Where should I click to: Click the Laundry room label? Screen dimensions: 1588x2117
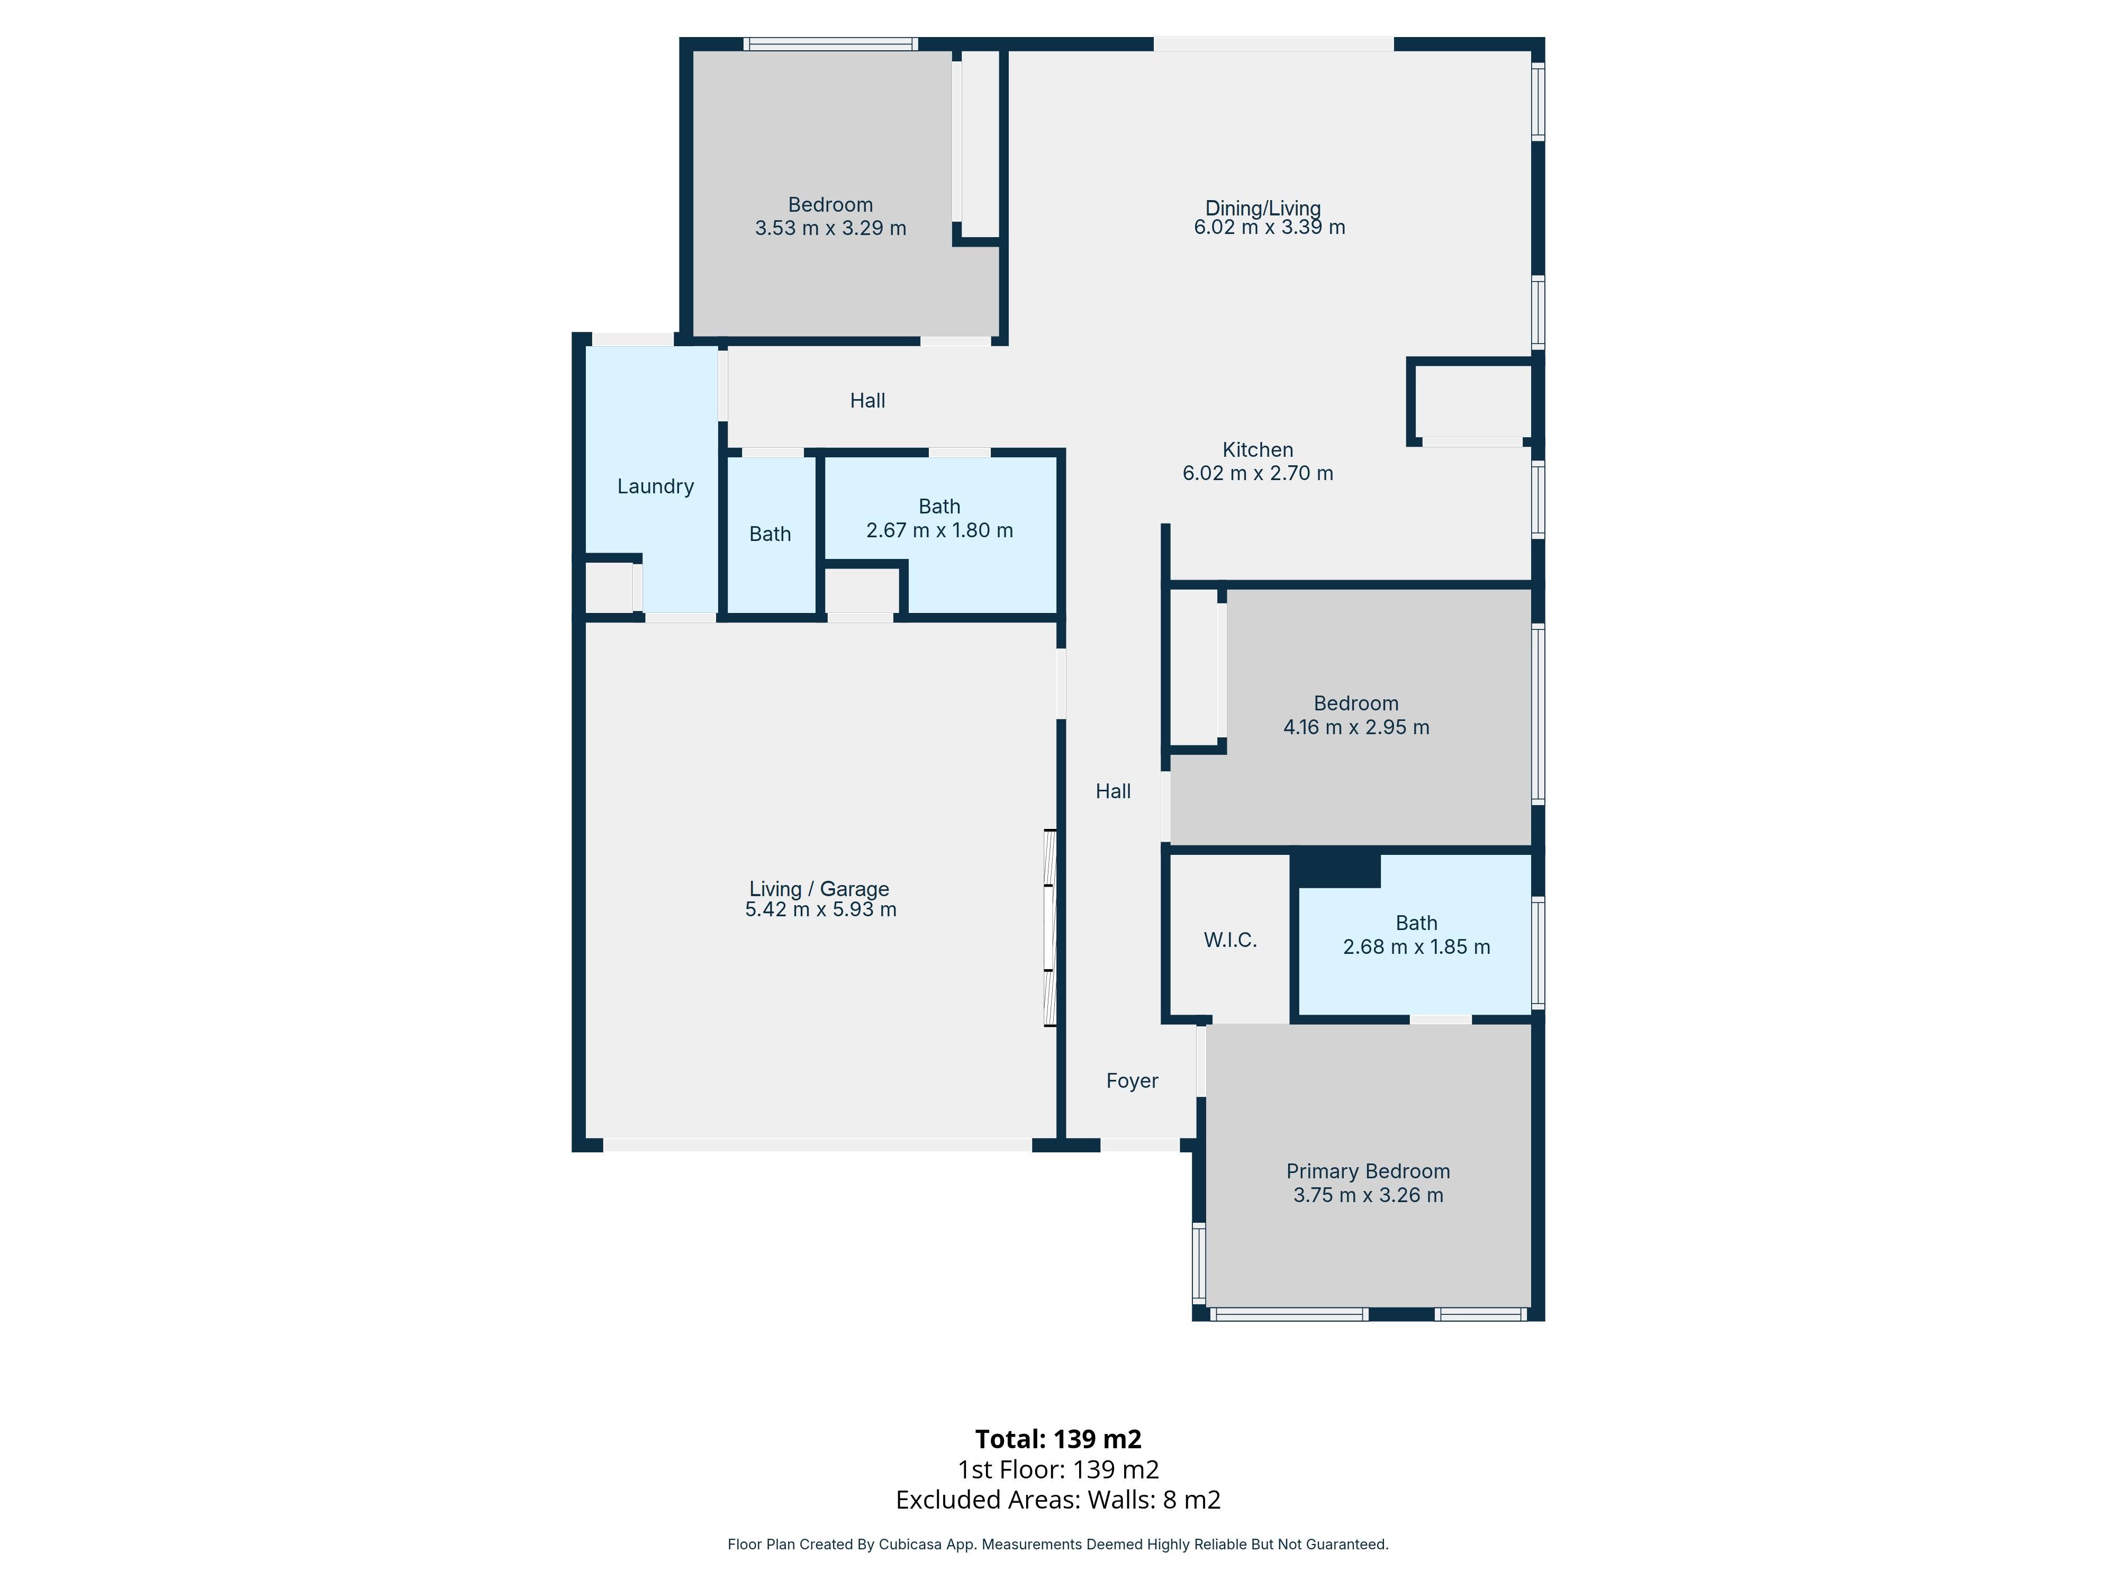[x=656, y=486]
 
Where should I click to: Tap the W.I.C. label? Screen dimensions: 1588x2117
[x=1230, y=940]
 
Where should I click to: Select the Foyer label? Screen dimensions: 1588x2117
[x=1132, y=1081]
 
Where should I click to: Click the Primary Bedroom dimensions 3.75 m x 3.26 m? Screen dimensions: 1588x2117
[x=1368, y=1195]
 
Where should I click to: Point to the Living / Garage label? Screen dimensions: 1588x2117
[x=819, y=888]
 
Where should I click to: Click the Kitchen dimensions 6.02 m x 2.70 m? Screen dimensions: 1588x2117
[x=1257, y=473]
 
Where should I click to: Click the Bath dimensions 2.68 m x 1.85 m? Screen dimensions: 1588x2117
[x=1416, y=946]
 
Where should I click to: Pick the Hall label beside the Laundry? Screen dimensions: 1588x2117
[x=867, y=400]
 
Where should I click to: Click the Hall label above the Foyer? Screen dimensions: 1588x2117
[x=1113, y=791]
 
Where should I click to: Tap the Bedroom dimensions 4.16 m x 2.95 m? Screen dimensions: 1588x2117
[x=1356, y=727]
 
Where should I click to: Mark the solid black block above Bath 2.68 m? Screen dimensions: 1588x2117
[x=1336, y=869]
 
